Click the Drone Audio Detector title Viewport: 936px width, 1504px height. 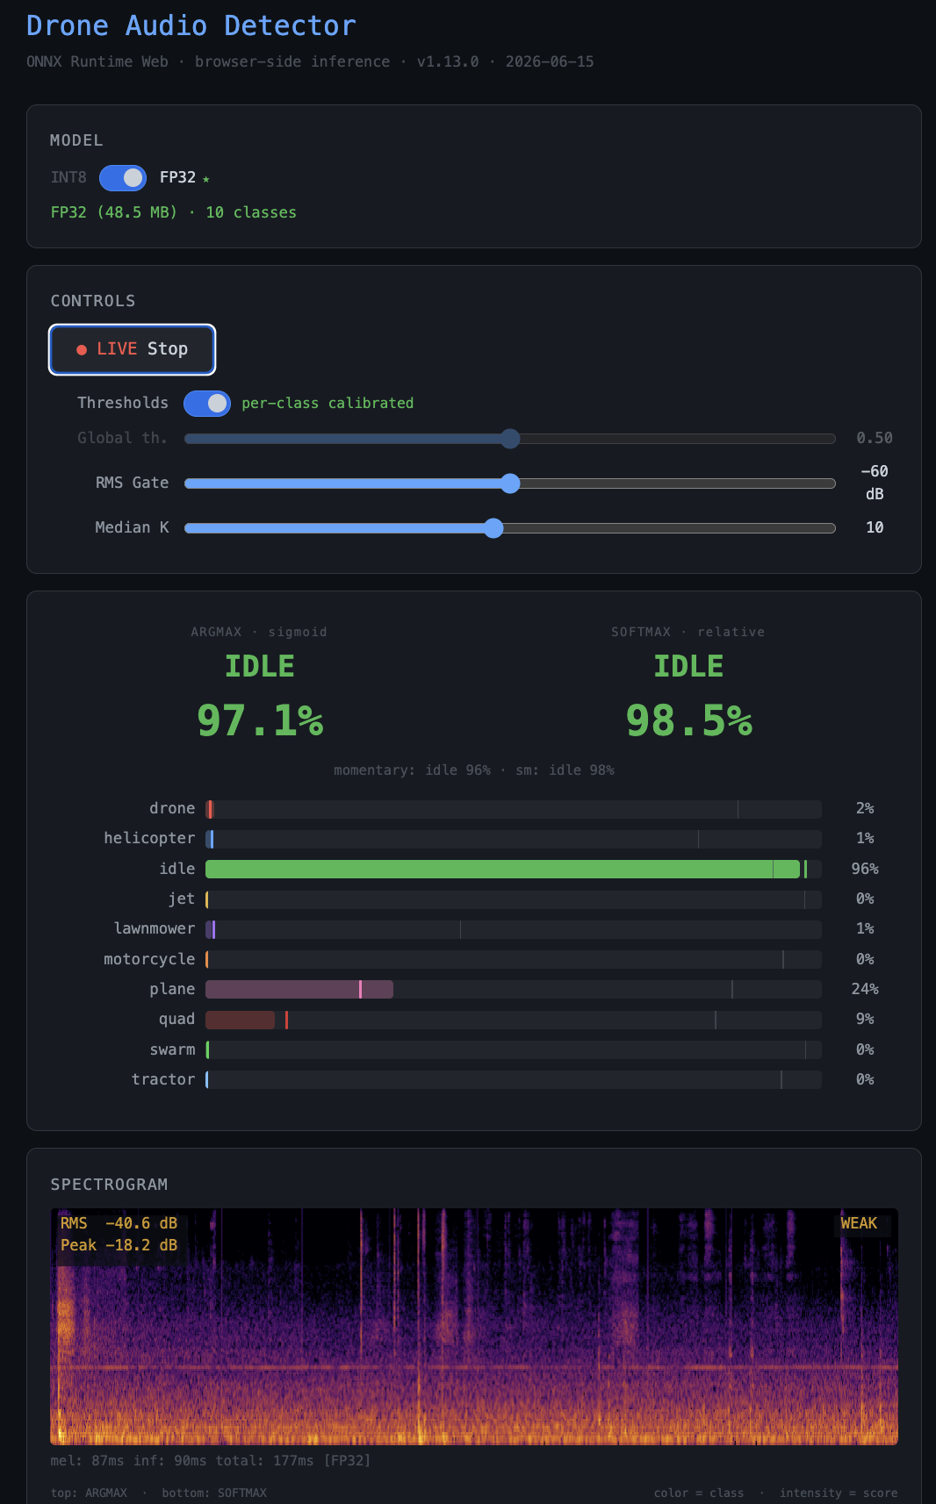[x=191, y=25]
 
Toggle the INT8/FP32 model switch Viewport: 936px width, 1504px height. [x=123, y=178]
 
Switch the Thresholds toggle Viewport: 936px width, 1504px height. [x=207, y=404]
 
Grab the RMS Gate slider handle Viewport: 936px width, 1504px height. [x=511, y=483]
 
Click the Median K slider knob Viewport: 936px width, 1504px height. [x=493, y=527]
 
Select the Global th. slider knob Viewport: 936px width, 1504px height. [x=511, y=439]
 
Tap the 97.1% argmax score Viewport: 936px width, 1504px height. [x=260, y=721]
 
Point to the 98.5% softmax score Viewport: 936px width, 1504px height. [x=688, y=721]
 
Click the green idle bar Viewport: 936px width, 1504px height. [x=502, y=869]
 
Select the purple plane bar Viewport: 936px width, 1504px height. [x=299, y=989]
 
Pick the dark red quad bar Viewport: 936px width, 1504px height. [x=240, y=1020]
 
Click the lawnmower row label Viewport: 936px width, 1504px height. [x=155, y=928]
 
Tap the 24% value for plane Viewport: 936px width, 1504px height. [x=865, y=989]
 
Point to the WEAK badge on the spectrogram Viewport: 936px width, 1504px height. [x=859, y=1223]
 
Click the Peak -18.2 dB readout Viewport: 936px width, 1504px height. [x=119, y=1245]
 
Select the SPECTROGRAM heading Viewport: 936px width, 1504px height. [x=110, y=1185]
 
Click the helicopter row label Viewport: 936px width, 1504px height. [x=149, y=838]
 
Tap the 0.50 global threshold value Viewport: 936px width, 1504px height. [x=875, y=439]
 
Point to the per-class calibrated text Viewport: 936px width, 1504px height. [x=328, y=403]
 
